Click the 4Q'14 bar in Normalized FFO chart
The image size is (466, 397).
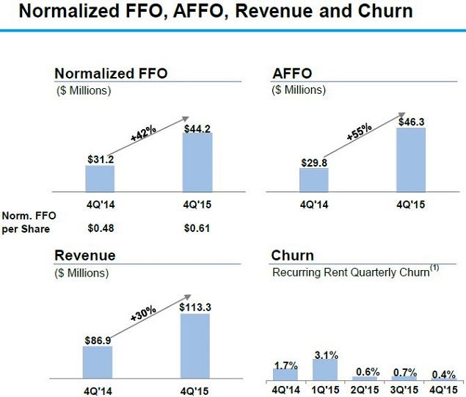(100, 178)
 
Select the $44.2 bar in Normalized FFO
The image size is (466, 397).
(197, 161)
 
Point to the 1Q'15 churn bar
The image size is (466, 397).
(325, 370)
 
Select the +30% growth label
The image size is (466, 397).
(144, 313)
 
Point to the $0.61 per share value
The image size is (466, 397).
(197, 227)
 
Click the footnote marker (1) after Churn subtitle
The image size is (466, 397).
(434, 268)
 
